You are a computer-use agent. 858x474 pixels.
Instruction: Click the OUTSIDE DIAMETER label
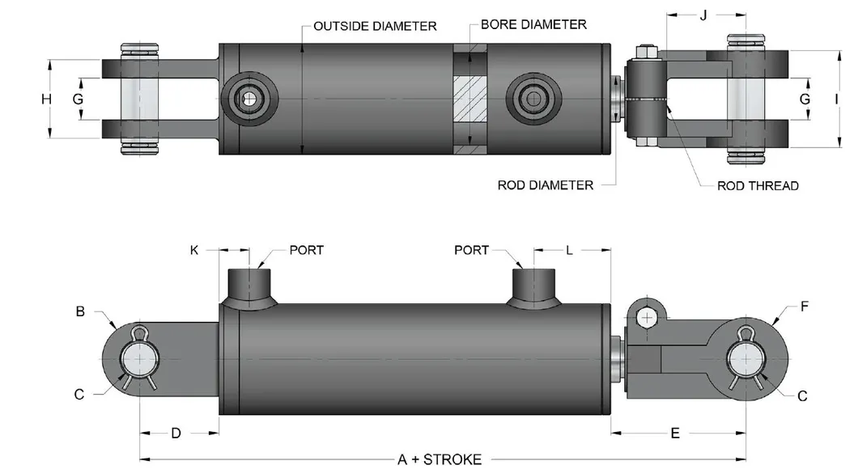point(374,27)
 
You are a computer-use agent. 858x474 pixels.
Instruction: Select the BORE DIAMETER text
point(533,24)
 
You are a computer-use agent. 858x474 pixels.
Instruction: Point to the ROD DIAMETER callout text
point(545,185)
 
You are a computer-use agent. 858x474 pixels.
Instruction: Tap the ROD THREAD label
point(758,186)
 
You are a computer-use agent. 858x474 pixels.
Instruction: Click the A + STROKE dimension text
point(440,459)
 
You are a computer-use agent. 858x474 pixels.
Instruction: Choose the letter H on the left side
point(46,99)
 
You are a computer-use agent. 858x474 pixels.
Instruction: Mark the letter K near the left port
point(194,251)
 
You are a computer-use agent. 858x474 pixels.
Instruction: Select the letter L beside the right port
point(569,251)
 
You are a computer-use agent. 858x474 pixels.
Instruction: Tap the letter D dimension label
point(176,434)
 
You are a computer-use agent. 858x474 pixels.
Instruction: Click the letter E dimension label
point(675,434)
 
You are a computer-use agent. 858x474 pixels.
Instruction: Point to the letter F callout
point(804,307)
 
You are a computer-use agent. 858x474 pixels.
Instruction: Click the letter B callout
point(81,310)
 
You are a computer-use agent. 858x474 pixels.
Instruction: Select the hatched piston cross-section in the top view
point(470,99)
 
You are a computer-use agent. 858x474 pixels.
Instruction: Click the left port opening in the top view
point(248,99)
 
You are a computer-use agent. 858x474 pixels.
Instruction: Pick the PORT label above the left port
point(307,250)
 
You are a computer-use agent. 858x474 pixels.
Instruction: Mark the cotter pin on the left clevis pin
point(142,334)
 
